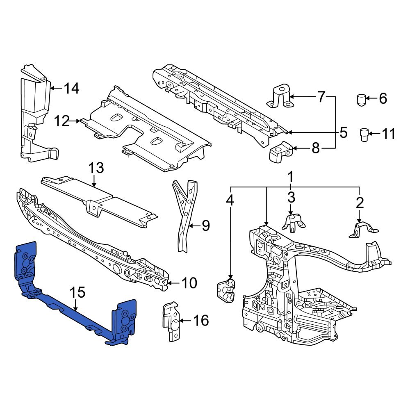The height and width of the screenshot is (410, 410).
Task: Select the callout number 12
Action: pos(63,121)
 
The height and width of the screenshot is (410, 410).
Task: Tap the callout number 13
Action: pos(96,168)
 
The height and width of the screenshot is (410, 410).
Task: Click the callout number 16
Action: pos(200,320)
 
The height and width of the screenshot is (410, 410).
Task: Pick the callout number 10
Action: pos(189,283)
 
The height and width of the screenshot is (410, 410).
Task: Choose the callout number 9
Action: pos(205,225)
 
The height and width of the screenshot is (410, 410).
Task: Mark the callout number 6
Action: pos(382,98)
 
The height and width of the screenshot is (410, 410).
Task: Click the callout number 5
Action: pos(343,132)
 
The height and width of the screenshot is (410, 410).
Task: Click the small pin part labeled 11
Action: pos(364,134)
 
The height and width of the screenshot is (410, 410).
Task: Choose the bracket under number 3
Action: pos(293,222)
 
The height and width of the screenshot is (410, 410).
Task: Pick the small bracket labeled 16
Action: pos(171,321)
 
